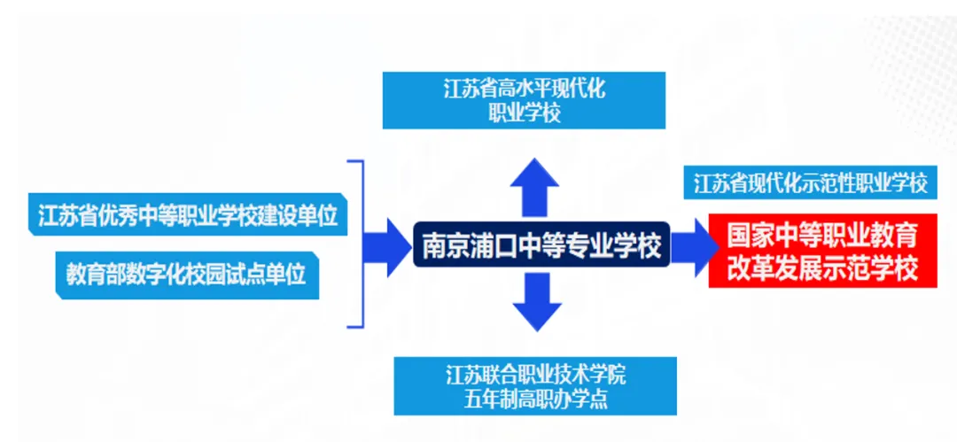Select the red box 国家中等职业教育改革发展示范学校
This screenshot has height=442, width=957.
(x=821, y=252)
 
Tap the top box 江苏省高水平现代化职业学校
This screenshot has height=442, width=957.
(x=523, y=101)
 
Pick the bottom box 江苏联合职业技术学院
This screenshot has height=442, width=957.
(x=535, y=385)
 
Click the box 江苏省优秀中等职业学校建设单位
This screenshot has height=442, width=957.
(x=187, y=216)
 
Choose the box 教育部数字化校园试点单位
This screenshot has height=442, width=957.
(x=186, y=274)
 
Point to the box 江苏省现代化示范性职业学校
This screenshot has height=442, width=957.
(x=810, y=184)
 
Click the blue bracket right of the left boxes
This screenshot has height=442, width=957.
(x=358, y=244)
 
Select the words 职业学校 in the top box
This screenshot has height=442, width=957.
(x=524, y=113)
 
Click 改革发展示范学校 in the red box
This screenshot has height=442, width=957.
(x=821, y=268)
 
